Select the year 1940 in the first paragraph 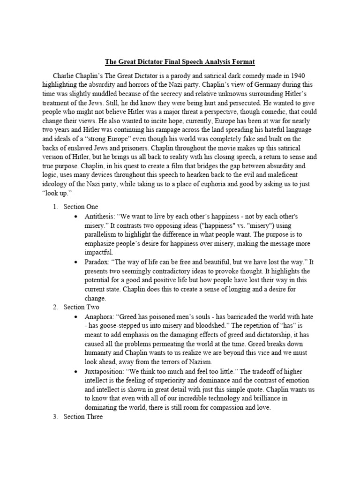coord(294,75)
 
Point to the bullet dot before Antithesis coord(76,217)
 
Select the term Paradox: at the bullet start coord(98,262)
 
